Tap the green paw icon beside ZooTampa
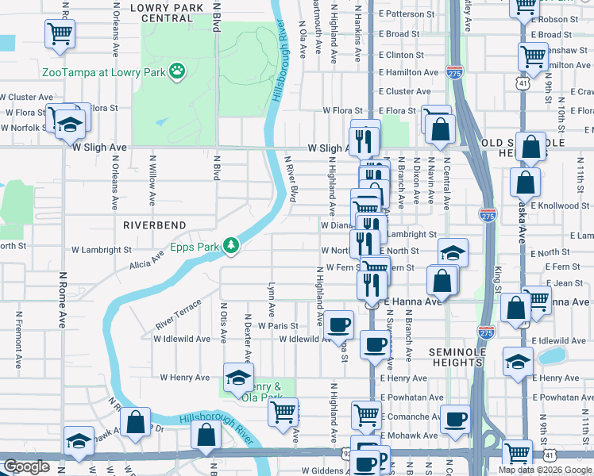(x=177, y=72)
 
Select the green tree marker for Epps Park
(x=231, y=246)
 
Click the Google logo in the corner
(x=26, y=467)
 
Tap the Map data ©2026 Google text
(x=545, y=470)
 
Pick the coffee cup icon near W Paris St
(x=339, y=323)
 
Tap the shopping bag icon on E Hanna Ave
(x=442, y=280)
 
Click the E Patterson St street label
(x=407, y=14)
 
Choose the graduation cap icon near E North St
(x=453, y=252)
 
